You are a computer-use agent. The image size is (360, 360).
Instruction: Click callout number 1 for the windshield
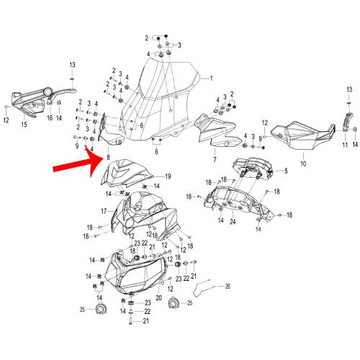tap(211, 78)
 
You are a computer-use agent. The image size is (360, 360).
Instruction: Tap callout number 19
tap(168, 176)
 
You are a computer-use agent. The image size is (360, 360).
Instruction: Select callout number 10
tap(303, 163)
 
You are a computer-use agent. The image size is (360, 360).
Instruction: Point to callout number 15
tap(24, 125)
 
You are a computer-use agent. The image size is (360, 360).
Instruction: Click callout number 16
tap(50, 118)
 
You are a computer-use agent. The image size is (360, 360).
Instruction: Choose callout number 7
tap(215, 159)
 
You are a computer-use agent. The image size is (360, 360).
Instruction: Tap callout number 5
tap(286, 171)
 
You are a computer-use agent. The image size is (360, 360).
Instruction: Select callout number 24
tap(233, 222)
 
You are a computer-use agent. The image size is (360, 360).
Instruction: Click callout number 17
tap(104, 211)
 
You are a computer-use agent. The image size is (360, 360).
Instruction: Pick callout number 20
tap(158, 298)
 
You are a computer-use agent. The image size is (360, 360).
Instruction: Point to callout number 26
tap(228, 286)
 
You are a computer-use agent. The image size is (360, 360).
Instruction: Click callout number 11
tap(345, 145)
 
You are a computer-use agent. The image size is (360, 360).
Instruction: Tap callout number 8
tap(108, 158)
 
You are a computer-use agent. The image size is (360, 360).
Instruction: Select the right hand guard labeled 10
tap(303, 135)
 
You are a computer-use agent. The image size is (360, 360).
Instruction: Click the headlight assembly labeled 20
tap(135, 274)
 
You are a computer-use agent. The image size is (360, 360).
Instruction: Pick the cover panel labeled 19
tap(127, 174)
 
